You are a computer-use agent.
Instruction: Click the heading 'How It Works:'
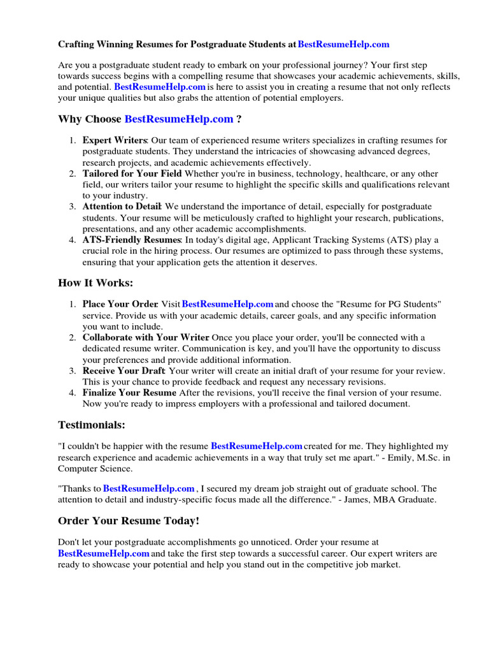pos(96,282)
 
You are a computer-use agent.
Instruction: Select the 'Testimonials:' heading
pos(92,424)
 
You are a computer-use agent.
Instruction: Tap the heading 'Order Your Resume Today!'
pos(129,521)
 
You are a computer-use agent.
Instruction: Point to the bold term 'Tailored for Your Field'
pos(132,173)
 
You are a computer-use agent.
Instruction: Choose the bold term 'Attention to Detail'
pos(122,207)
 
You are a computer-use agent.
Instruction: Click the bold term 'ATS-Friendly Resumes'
pos(132,240)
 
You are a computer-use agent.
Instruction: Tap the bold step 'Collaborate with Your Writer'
pos(145,337)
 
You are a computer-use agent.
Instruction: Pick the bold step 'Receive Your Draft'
pos(124,371)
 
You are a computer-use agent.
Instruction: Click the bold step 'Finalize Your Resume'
pos(130,392)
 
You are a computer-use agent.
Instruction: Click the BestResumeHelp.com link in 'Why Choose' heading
pos(179,119)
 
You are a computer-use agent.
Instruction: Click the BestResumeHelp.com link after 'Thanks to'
pos(148,488)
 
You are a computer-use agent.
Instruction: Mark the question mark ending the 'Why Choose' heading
pos(239,119)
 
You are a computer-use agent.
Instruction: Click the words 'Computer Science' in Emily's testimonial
pos(95,468)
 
